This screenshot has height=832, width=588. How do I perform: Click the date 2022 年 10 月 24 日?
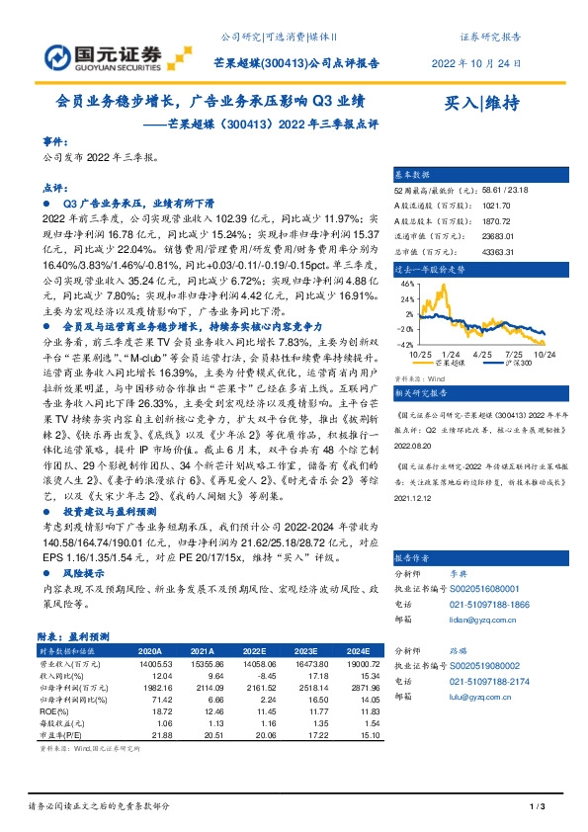(x=476, y=62)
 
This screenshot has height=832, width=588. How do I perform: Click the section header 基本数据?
(x=413, y=170)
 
